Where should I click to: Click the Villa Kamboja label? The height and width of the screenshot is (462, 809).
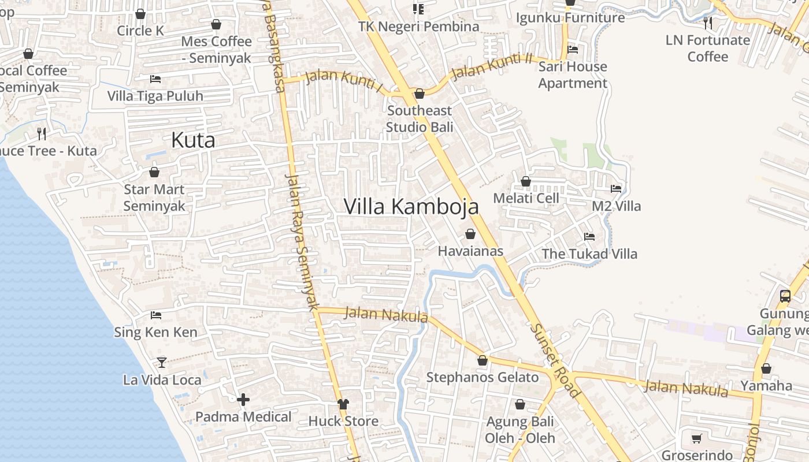click(411, 206)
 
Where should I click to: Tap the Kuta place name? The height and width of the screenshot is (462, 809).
click(193, 140)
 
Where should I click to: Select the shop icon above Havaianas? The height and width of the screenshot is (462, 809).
click(470, 234)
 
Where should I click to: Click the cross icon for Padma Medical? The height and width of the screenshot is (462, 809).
click(243, 399)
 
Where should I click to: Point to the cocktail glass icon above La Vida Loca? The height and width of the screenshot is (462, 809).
click(162, 362)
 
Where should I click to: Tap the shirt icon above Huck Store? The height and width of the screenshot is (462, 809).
click(343, 404)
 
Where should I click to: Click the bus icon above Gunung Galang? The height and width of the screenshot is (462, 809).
click(785, 296)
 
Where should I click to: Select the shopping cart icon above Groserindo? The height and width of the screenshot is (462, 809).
click(697, 438)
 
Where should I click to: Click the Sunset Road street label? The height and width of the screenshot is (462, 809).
click(555, 359)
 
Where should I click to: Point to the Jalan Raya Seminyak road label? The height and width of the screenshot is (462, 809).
click(302, 243)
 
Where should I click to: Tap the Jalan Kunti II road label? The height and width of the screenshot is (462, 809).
click(491, 66)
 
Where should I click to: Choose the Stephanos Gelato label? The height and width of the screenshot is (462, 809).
click(483, 378)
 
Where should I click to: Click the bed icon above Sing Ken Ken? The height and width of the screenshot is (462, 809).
click(155, 315)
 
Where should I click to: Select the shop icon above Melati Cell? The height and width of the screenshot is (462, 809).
click(526, 181)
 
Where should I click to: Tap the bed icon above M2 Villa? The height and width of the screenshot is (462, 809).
click(616, 189)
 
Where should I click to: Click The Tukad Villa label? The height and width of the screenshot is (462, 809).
click(589, 254)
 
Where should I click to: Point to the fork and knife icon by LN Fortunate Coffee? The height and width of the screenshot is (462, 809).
click(708, 23)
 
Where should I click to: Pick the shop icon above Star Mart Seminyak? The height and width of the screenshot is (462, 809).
click(154, 172)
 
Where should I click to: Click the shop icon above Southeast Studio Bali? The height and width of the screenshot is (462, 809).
click(420, 94)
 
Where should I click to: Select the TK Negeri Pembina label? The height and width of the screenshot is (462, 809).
click(419, 27)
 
